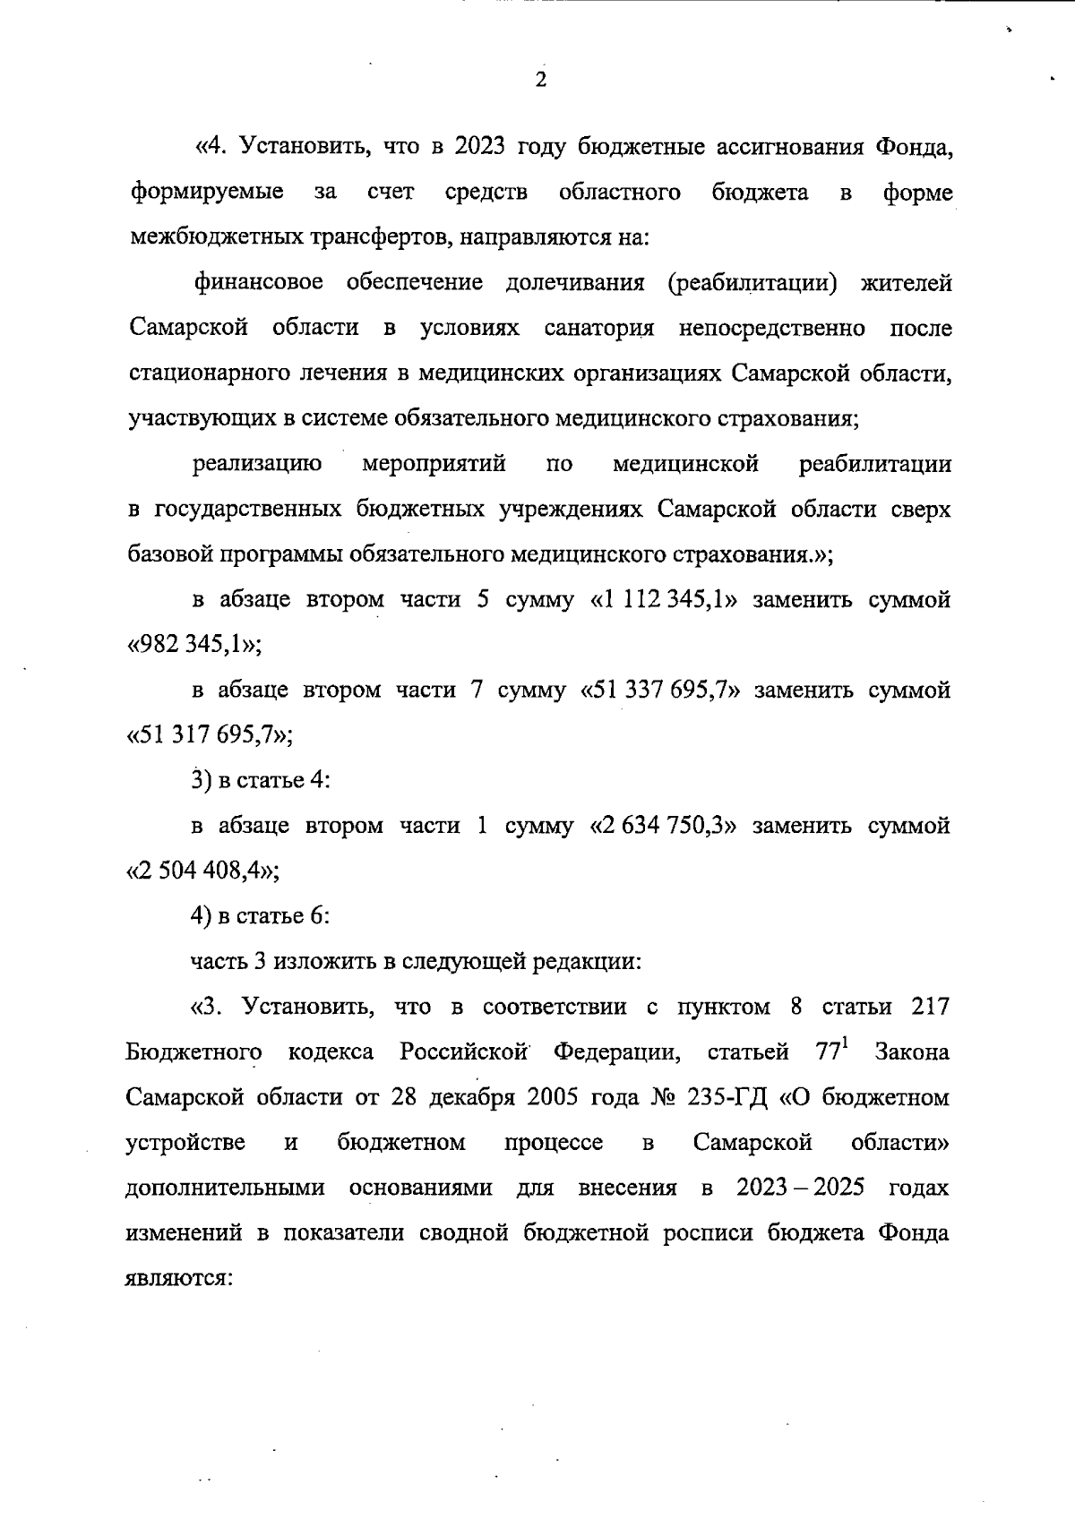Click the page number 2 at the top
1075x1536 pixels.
coord(540,81)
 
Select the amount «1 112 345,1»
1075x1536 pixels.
coord(664,600)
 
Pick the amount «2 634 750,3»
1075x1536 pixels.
coord(663,825)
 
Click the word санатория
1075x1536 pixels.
coord(599,328)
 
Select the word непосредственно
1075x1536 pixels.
coord(772,328)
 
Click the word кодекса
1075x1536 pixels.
coord(331,1052)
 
